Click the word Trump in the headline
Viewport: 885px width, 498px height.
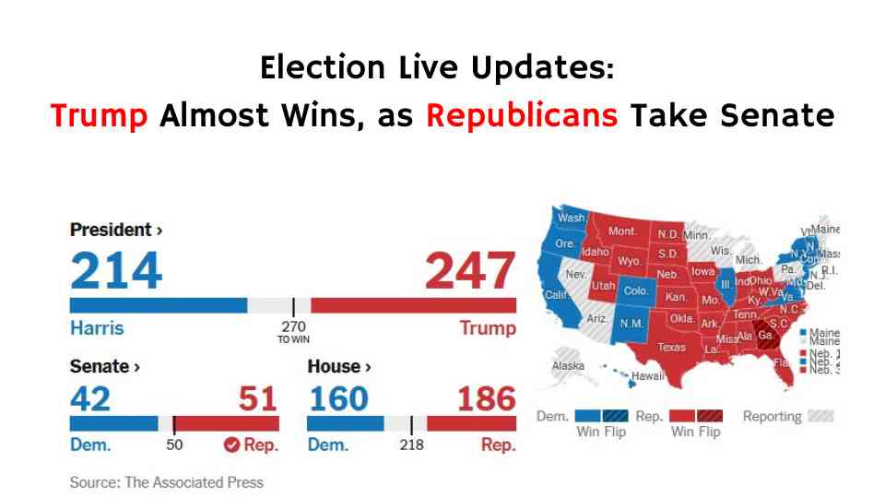pos(100,117)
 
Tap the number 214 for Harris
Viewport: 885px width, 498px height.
pos(117,270)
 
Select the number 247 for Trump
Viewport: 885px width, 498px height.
pos(469,270)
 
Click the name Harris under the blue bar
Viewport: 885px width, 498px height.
pos(97,328)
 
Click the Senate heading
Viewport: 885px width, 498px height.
pos(104,367)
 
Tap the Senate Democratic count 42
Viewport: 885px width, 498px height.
pos(90,398)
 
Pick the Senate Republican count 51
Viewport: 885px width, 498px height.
pos(257,398)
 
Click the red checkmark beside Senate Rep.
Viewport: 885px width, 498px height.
pos(231,445)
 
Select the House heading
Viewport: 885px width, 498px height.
pos(338,367)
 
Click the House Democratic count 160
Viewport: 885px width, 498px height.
pos(338,398)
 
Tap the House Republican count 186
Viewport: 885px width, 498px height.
pos(486,398)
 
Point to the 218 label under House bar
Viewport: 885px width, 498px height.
pos(412,445)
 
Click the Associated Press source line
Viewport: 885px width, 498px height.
pos(167,482)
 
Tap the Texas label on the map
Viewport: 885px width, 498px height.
pos(671,348)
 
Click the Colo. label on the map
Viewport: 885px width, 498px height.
pos(636,290)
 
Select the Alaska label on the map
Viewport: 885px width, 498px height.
pos(568,366)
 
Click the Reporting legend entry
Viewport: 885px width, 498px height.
pos(773,417)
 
